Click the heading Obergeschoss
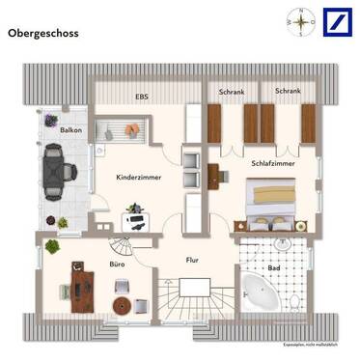pos(43,33)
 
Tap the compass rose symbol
pos(300,20)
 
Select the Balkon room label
pos(70,129)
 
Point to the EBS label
pos(142,97)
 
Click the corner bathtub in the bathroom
pos(259,291)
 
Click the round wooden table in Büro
pos(121,305)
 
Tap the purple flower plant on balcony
pos(47,121)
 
